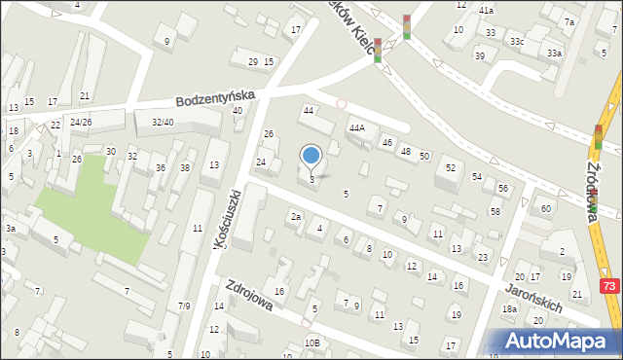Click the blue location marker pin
pyautogui.click(x=311, y=156)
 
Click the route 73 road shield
pyautogui.click(x=609, y=286)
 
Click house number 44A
pyautogui.click(x=357, y=127)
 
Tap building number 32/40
pyautogui.click(x=163, y=122)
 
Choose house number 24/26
pyautogui.click(x=81, y=122)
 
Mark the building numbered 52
pyautogui.click(x=450, y=167)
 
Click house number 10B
pyautogui.click(x=311, y=342)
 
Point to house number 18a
pyautogui.click(x=509, y=309)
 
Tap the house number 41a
pyautogui.click(x=486, y=10)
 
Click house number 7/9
pyautogui.click(x=184, y=306)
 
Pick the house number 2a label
pyautogui.click(x=295, y=217)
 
